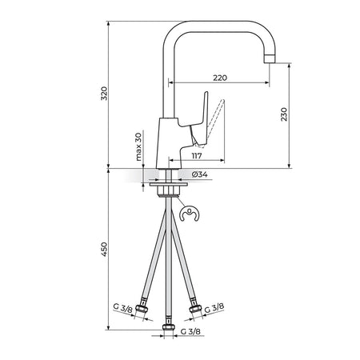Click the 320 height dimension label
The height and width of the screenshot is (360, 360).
coord(104,94)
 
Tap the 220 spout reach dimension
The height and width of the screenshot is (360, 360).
coord(220,78)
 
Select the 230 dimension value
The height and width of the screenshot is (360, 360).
coord(284,114)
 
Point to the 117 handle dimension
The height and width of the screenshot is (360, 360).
coord(197,156)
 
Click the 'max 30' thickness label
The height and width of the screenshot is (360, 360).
coord(138,147)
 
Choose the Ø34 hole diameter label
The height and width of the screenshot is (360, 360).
coord(199,174)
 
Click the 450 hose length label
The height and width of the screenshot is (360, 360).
coord(104,250)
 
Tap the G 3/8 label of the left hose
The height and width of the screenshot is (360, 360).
coord(122,308)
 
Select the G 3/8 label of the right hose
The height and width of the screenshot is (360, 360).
coord(214,308)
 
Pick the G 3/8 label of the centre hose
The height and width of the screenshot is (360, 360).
coord(190,331)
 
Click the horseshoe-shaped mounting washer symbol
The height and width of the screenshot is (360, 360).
coord(189,214)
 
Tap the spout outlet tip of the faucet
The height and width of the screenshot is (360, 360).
coord(270,59)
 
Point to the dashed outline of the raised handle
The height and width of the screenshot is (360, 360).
coord(214,122)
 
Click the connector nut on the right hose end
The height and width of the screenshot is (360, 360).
coord(195,309)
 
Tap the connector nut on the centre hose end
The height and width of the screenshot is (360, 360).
coord(168,327)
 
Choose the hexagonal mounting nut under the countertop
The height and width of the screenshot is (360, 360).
coord(169,191)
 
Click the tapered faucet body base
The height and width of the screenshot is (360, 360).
coord(169,143)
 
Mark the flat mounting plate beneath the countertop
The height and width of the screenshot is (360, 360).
coord(169,184)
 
